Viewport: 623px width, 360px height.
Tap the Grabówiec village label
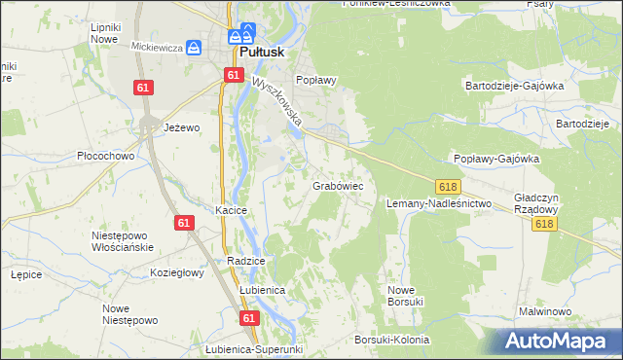[338, 184]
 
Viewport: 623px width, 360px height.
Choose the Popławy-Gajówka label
[496, 159]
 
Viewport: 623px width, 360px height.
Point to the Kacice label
[232, 210]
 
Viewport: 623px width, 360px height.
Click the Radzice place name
[245, 262]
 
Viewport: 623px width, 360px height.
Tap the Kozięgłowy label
[176, 273]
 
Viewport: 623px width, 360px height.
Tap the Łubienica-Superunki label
[256, 349]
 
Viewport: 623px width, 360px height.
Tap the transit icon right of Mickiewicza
[194, 47]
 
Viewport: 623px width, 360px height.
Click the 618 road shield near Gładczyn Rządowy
[545, 224]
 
